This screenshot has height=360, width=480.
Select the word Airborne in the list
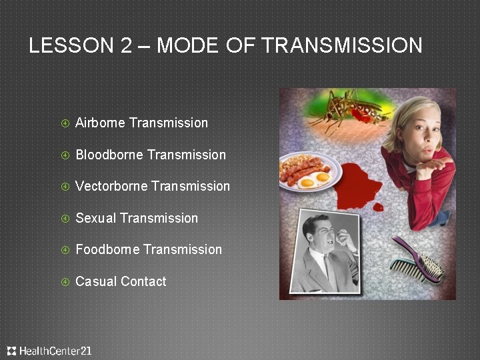click(x=100, y=123)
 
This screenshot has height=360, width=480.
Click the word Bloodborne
click(x=109, y=155)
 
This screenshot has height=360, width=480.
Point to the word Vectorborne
click(x=111, y=186)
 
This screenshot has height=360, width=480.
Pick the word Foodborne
click(x=107, y=249)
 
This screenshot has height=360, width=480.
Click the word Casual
click(x=95, y=281)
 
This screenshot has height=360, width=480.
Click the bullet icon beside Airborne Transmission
click(x=65, y=123)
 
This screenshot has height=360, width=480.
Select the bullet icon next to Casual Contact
click(x=65, y=282)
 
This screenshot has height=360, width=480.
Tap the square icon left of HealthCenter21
click(x=11, y=351)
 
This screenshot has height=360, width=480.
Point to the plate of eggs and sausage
click(x=309, y=174)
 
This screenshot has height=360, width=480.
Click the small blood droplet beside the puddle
click(x=378, y=207)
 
